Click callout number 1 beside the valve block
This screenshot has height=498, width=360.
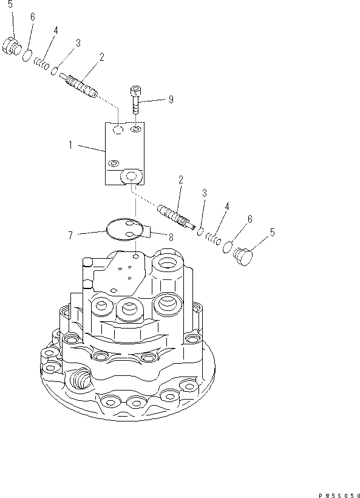[70, 146]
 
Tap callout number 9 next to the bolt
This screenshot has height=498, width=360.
[171, 99]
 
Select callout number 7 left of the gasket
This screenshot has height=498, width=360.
[71, 233]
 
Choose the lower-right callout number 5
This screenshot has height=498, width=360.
[272, 231]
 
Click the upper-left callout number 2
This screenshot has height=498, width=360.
[101, 57]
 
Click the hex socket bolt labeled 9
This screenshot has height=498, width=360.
[135, 99]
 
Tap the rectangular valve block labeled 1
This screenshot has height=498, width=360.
[124, 154]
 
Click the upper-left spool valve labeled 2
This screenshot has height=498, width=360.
[80, 84]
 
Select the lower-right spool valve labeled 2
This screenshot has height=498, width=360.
[174, 216]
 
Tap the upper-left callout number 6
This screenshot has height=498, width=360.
[32, 17]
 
